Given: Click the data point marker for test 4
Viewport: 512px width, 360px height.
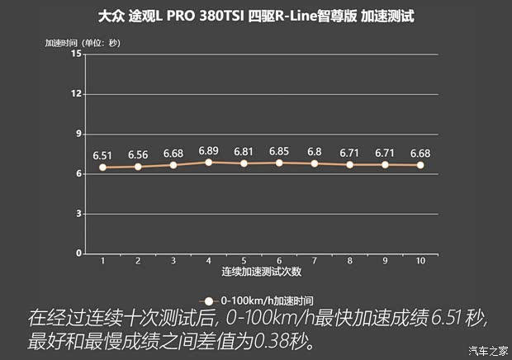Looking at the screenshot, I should tap(208, 162).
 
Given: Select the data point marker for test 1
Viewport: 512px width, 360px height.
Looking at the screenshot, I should tap(102, 167).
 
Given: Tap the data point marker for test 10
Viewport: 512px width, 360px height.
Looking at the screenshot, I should tap(420, 165).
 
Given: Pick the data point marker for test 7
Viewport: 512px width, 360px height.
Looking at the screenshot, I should tap(315, 163).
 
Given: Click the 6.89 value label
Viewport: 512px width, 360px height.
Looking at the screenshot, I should tap(208, 150).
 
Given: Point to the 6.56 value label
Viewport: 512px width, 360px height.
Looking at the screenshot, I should tap(138, 154).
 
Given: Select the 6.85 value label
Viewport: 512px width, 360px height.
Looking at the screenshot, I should tap(279, 151).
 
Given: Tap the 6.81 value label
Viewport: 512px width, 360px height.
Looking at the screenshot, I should tap(244, 152).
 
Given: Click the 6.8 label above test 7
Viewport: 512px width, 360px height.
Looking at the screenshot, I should tap(315, 152).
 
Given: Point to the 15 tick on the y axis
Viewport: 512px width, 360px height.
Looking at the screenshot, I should tap(77, 54).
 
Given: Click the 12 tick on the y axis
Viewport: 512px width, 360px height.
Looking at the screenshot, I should tap(77, 93).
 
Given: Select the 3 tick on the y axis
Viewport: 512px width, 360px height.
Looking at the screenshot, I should tap(78, 213).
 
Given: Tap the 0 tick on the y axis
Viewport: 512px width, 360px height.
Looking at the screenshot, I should tap(78, 253).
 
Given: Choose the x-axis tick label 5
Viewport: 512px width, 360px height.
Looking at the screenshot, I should tap(244, 261).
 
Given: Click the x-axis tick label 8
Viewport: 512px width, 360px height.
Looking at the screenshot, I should tap(349, 261).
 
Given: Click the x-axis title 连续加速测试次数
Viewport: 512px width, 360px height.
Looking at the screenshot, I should tap(261, 271).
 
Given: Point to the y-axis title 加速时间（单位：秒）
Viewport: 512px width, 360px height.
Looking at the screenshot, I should tap(83, 42).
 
